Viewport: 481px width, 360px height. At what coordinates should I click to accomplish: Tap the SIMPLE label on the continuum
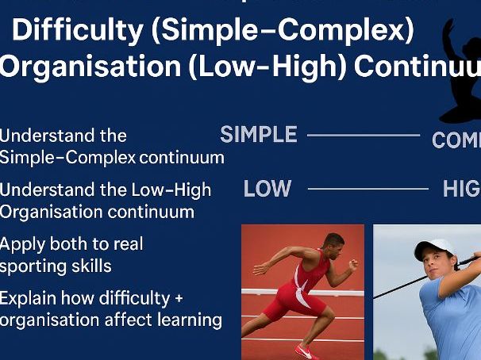[259, 135]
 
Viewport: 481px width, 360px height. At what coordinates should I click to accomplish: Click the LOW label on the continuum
[267, 189]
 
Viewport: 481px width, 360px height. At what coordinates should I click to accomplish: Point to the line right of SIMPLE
[363, 136]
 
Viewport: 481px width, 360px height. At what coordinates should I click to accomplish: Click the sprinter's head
[333, 242]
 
